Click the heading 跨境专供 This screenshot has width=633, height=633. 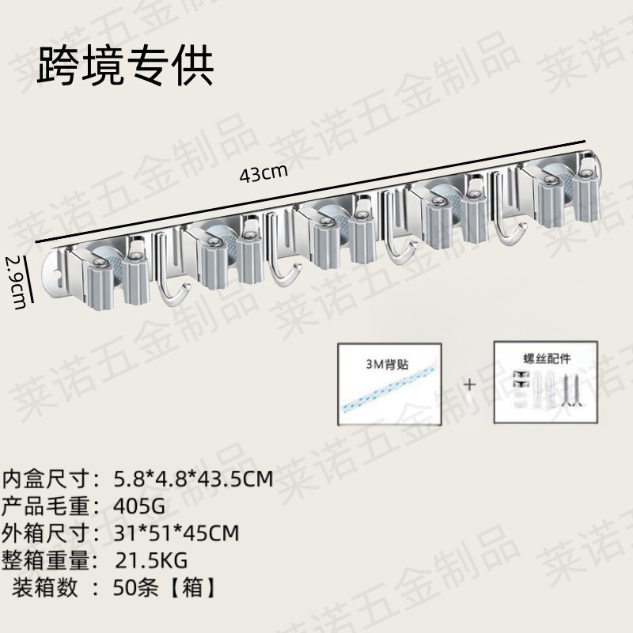click(124, 66)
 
